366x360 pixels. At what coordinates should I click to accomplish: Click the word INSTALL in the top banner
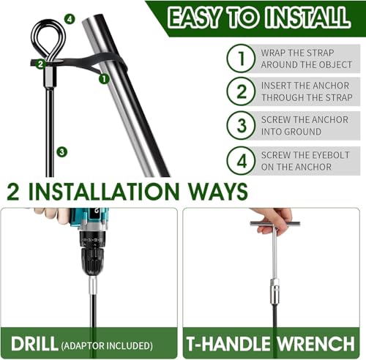pos(307,17)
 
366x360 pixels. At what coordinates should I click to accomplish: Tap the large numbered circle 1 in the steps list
pos(241,59)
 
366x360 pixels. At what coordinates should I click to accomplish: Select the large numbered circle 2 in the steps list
pos(241,91)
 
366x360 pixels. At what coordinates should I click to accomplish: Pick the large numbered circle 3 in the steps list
pos(241,125)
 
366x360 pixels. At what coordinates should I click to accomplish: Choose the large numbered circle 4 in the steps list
pos(241,161)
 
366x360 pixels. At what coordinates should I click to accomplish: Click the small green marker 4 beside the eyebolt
pos(70,19)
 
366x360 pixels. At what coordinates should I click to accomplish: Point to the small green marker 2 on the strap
pos(40,64)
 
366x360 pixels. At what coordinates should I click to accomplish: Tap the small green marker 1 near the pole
pos(104,79)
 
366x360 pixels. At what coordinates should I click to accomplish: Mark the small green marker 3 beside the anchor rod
pos(61,152)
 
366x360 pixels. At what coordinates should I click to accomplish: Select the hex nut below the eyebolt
pos(50,77)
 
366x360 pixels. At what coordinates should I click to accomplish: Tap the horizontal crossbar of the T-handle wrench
pos(275,224)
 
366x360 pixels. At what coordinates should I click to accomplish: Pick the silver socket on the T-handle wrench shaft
pos(275,292)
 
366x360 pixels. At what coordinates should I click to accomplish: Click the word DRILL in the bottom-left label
pos(34,344)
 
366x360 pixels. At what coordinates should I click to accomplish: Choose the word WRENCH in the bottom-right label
pos(316,344)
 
